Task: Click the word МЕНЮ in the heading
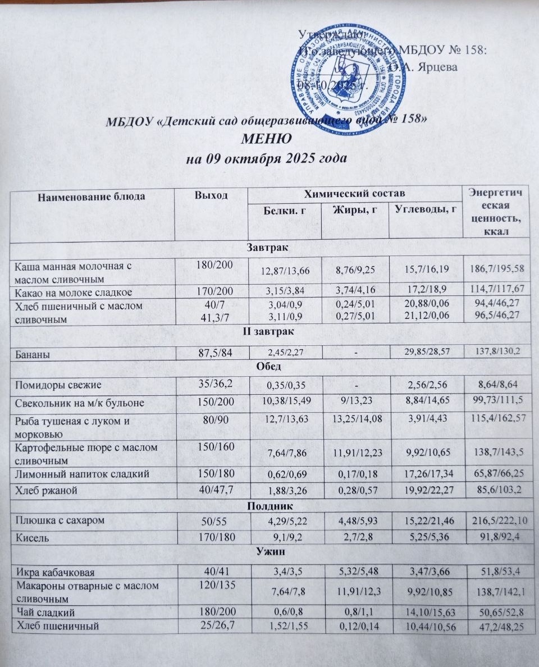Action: [x=266, y=139]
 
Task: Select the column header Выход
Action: [x=211, y=195]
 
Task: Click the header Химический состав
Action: [x=354, y=194]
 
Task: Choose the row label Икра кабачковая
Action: [x=54, y=572]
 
